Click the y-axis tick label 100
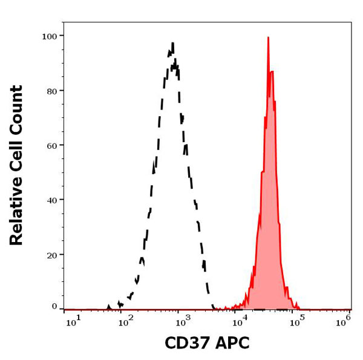pyautogui.click(x=49, y=36)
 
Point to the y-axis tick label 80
pyautogui.click(x=51, y=91)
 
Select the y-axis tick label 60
pyautogui.click(x=51, y=145)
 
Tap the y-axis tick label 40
pyautogui.click(x=51, y=200)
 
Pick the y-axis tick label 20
pyautogui.click(x=51, y=254)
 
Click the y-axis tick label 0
pyautogui.click(x=54, y=306)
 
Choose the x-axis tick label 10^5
pyautogui.click(x=296, y=319)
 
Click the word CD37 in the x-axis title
pyautogui.click(x=188, y=344)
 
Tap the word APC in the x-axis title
pyautogui.click(x=233, y=344)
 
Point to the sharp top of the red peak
pyautogui.click(x=268, y=38)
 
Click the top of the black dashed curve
pyautogui.click(x=173, y=44)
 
